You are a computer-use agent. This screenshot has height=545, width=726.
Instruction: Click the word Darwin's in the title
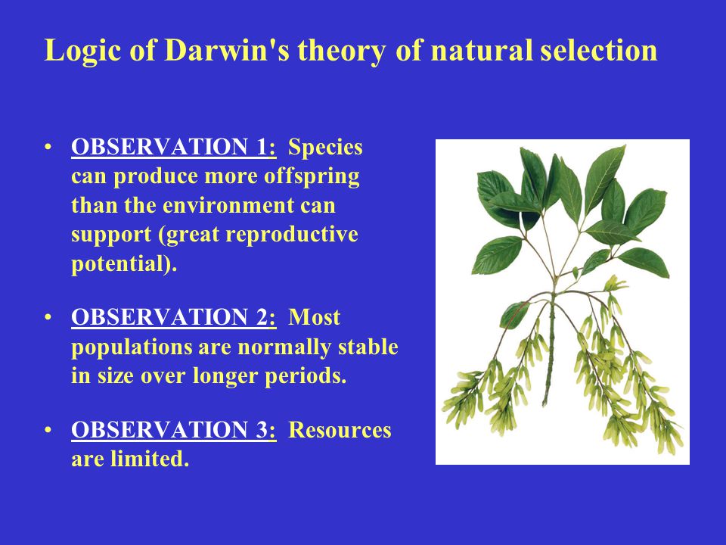227,49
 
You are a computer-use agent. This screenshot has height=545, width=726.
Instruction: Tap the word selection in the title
599,49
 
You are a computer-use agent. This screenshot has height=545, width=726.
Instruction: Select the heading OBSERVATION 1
174,147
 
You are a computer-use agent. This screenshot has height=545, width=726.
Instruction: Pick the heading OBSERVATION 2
174,317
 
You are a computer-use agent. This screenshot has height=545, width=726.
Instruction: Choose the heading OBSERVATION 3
174,430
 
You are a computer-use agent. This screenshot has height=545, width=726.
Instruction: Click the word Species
325,148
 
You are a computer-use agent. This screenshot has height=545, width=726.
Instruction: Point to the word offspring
312,177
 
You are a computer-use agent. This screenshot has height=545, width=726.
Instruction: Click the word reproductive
292,235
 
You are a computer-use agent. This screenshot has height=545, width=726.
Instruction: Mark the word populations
132,347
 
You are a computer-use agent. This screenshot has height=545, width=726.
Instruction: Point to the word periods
306,376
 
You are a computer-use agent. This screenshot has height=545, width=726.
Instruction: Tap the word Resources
340,430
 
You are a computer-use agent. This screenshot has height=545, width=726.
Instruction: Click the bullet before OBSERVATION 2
48,318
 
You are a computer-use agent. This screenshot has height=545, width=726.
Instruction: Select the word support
111,235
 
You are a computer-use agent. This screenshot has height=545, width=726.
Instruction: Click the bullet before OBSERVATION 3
48,431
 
